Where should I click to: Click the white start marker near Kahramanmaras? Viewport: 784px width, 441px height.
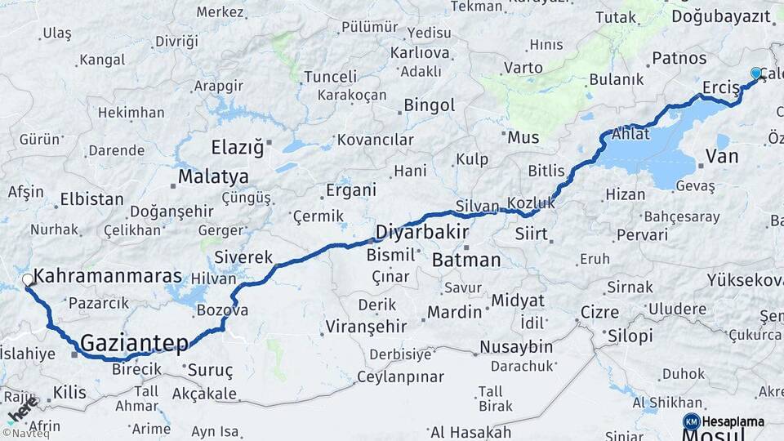(x=28, y=280)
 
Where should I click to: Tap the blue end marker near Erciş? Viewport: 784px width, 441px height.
(x=756, y=73)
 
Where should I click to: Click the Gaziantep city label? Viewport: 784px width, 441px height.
(x=135, y=343)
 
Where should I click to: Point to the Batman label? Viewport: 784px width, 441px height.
(x=465, y=261)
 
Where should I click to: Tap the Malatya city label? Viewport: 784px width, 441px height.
(x=213, y=176)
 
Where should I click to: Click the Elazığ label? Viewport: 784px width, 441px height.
(x=238, y=148)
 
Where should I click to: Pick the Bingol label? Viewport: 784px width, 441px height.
(x=430, y=105)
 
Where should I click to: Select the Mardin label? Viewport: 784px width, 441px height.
(x=455, y=311)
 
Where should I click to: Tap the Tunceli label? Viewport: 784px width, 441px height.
(x=330, y=77)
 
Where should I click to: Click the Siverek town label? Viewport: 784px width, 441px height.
(x=243, y=257)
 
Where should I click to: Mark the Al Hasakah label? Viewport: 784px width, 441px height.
(x=470, y=432)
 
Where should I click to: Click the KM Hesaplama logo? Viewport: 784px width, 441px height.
(x=724, y=421)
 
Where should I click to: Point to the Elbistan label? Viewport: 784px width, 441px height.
(x=91, y=199)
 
